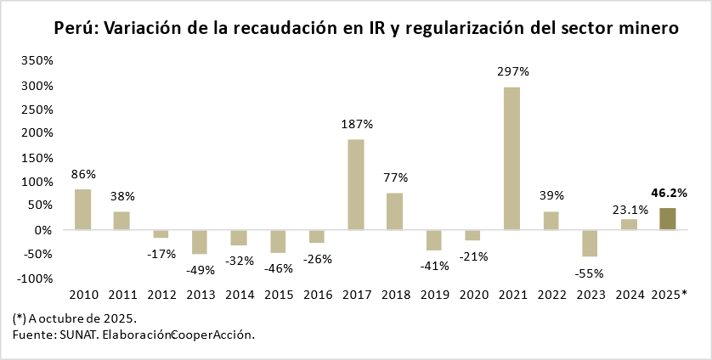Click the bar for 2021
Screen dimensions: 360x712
[x=512, y=159]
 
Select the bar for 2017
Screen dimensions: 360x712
[x=356, y=185]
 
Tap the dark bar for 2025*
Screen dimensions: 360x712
[x=668, y=219]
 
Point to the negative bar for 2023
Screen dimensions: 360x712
[x=590, y=243]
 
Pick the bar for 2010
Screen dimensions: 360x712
[x=82, y=210]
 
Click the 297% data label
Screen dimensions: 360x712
[x=513, y=71]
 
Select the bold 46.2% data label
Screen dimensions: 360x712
[x=669, y=193]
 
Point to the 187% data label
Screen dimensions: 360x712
[x=357, y=124]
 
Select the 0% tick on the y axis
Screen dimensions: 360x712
[x=42, y=230]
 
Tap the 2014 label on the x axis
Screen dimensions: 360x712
[x=240, y=295]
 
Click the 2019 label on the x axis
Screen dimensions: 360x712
[x=435, y=295]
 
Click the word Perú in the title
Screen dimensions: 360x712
[x=75, y=28]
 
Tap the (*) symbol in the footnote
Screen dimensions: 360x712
[x=20, y=318]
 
